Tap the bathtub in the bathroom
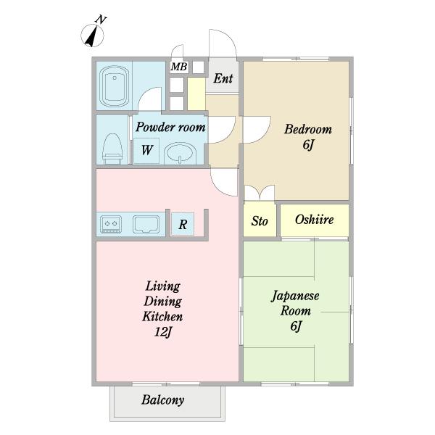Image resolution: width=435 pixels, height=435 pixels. pos(115,86)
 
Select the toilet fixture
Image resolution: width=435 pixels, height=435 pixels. pos(112,149)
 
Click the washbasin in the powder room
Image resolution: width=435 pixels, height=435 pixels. pos(180,154)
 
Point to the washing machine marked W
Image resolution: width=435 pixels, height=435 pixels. pos(146,150)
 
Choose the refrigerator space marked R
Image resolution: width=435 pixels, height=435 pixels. pos(183,224)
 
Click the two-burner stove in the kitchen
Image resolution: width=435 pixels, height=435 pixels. pos(111,224)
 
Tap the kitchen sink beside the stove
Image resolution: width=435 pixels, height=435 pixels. pos(146,224)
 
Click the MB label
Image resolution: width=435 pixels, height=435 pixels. pos(179,67)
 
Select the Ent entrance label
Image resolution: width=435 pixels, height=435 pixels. pos(223,78)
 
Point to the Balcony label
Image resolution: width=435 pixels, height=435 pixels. pos(163,400)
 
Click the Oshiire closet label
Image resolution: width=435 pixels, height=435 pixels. pos(315,220)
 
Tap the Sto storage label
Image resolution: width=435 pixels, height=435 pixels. pos(260,221)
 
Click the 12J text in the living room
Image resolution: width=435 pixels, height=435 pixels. pos(163,332)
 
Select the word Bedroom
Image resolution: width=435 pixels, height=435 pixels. pos(308,129)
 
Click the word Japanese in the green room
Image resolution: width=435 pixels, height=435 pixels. pos(295,296)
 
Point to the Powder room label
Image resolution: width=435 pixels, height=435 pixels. pos(170,127)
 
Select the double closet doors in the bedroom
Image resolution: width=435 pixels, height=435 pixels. pos(260,193)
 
